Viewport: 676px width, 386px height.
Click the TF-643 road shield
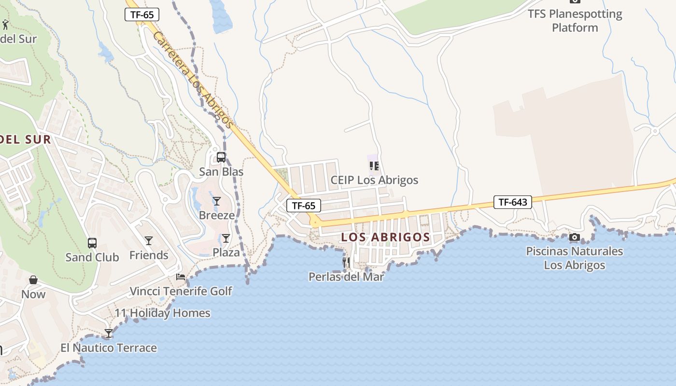click(x=512, y=202)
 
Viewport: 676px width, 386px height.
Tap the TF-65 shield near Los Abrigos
click(x=303, y=206)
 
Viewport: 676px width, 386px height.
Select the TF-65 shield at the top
click(x=142, y=14)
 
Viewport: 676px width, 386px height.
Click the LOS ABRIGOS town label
click(x=385, y=237)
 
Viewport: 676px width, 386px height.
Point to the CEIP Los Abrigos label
click(x=374, y=180)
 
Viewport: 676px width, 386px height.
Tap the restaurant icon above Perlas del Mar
click(x=346, y=262)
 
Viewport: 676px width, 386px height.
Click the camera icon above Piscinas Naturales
click(x=574, y=237)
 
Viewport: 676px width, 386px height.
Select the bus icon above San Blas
click(x=221, y=157)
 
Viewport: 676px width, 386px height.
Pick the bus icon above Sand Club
click(x=92, y=243)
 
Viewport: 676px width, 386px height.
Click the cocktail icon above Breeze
click(x=217, y=201)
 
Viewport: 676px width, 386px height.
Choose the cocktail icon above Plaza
click(x=226, y=238)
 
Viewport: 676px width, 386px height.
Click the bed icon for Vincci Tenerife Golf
click(x=181, y=277)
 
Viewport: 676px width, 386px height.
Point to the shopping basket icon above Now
click(x=33, y=280)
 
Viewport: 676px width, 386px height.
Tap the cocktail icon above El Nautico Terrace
click(x=109, y=333)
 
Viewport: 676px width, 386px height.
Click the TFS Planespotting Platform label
click(x=575, y=21)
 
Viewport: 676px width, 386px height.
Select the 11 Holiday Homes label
click(x=162, y=313)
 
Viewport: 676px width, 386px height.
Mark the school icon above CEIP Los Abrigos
click(x=374, y=166)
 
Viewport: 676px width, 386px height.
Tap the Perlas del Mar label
click(x=346, y=277)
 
